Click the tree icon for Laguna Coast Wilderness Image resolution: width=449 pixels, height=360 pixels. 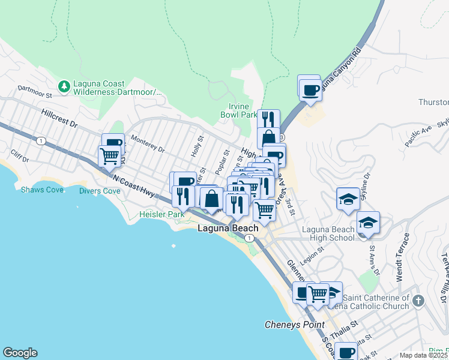coord(64,88)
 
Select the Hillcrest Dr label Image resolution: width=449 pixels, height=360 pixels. coord(60,117)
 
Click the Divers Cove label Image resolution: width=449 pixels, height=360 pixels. coord(100,191)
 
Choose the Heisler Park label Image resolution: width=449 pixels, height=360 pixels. coord(161,214)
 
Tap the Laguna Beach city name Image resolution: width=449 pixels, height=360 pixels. coord(228,229)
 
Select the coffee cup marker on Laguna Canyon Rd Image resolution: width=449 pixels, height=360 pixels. coord(310,90)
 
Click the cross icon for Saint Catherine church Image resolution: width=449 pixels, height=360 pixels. coord(418,299)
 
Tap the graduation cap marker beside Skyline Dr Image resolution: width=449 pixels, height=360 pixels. coord(348,199)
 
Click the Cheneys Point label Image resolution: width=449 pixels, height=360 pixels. coord(295,325)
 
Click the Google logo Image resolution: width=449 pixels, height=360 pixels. coord(20,353)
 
